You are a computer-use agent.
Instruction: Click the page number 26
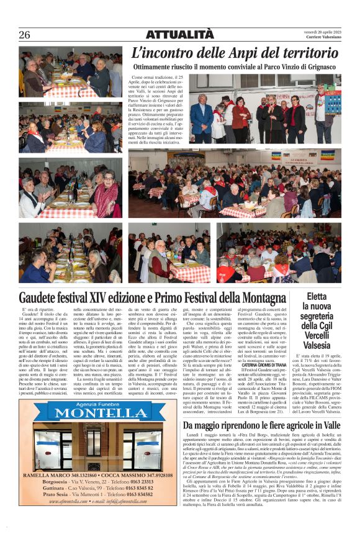[x=24, y=35]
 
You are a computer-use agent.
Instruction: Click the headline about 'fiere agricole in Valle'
[x=261, y=425]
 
